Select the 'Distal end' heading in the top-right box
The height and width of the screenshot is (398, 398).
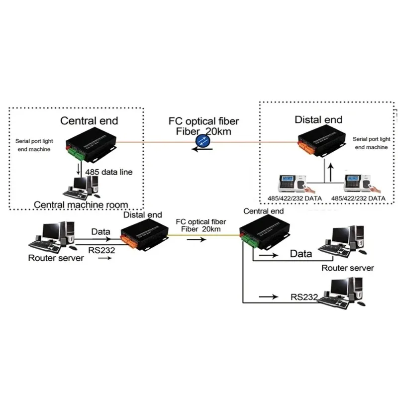point(318,119)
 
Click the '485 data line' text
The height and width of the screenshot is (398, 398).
point(106,173)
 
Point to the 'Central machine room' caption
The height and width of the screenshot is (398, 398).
point(81,204)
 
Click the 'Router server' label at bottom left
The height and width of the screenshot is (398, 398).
point(56,258)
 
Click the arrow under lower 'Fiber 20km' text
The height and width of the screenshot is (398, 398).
point(198,239)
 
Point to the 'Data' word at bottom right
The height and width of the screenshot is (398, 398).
point(301,254)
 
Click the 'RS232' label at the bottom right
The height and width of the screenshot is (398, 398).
point(303,298)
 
